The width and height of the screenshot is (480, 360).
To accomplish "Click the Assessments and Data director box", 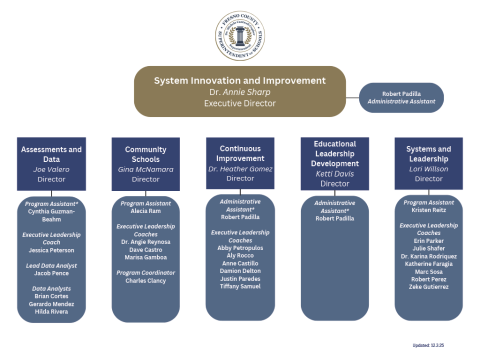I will pyautogui.click(x=50, y=163).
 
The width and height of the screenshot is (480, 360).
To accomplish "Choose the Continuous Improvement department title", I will pyautogui.click(x=239, y=151).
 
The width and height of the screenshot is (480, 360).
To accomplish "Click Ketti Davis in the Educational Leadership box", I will pyautogui.click(x=334, y=173).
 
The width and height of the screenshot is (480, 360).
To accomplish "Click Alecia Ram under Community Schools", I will pyautogui.click(x=145, y=211).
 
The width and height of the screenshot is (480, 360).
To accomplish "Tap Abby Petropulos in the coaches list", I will pyautogui.click(x=239, y=249).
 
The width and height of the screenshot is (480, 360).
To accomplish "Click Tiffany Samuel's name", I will pyautogui.click(x=239, y=287).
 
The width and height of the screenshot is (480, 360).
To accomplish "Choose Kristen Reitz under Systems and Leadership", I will pyautogui.click(x=428, y=211).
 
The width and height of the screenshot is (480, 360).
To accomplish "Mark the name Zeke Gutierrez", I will pyautogui.click(x=428, y=287).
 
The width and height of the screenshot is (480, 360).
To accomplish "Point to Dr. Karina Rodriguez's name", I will pyautogui.click(x=428, y=257).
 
